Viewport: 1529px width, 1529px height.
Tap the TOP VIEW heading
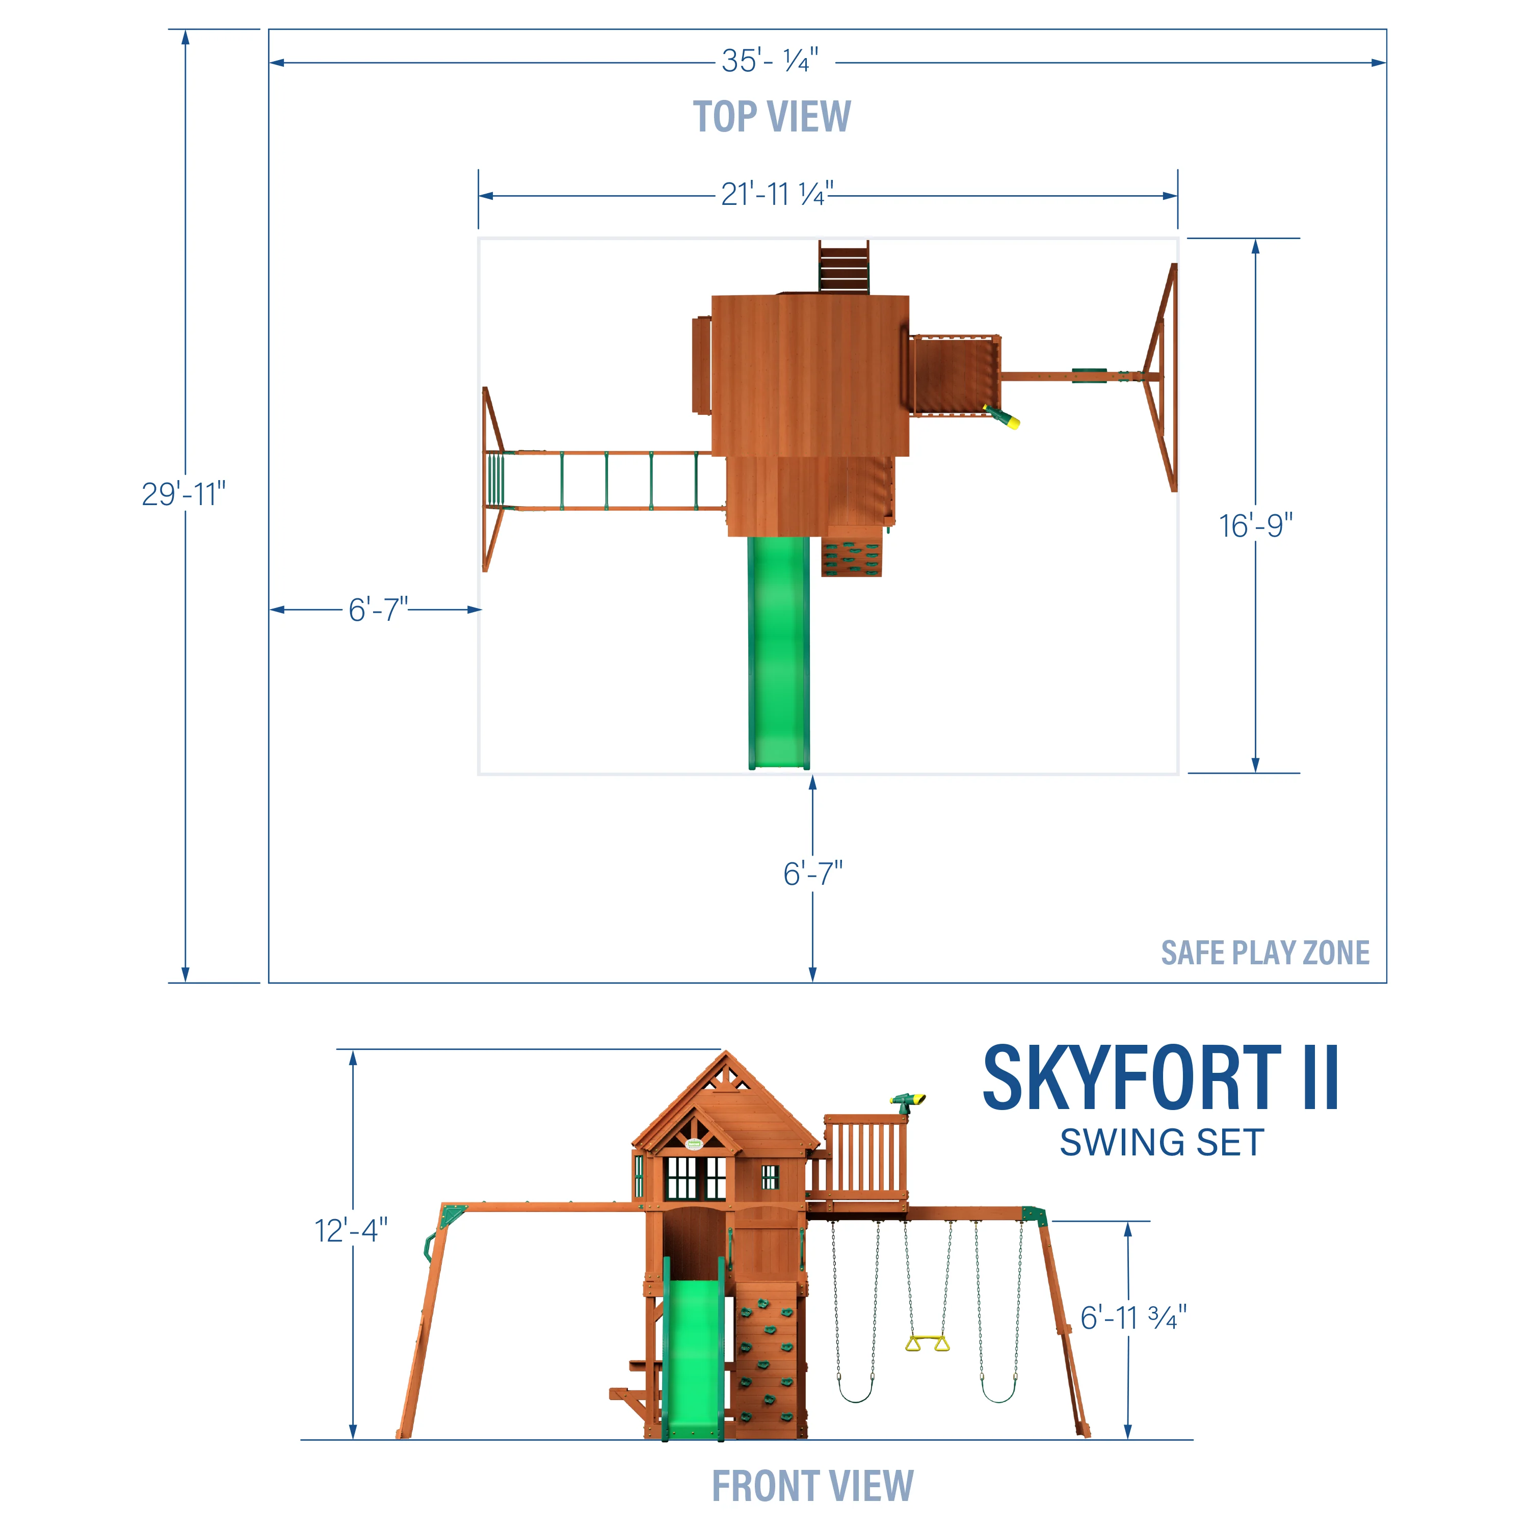coord(772,117)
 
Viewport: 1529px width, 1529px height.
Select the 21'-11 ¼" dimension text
coord(776,194)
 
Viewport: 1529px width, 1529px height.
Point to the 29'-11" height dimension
coord(183,494)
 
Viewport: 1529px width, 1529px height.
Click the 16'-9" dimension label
coord(1255,525)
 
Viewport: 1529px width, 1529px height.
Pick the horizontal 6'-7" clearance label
coord(378,610)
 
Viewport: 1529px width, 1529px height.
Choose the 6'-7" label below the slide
coord(813,874)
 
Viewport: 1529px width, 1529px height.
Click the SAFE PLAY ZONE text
coord(1264,953)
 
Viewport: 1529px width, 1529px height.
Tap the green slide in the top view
coord(779,649)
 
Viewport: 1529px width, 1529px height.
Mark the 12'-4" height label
coord(351,1231)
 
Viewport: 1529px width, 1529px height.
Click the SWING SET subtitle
coord(1161,1143)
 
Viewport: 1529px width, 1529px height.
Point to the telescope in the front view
coord(907,1100)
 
